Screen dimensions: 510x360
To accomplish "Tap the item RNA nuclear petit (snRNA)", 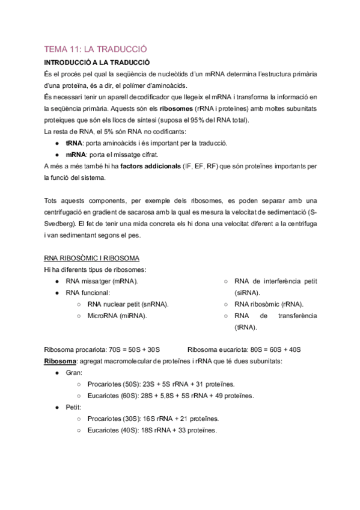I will pos(127,304).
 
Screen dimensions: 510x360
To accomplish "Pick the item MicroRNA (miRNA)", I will pos(117,315).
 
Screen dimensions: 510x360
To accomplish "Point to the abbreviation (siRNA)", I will pos(247,292).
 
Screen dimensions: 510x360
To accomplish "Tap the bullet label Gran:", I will pos(74,372).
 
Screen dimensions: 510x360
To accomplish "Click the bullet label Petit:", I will pos(74,407).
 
